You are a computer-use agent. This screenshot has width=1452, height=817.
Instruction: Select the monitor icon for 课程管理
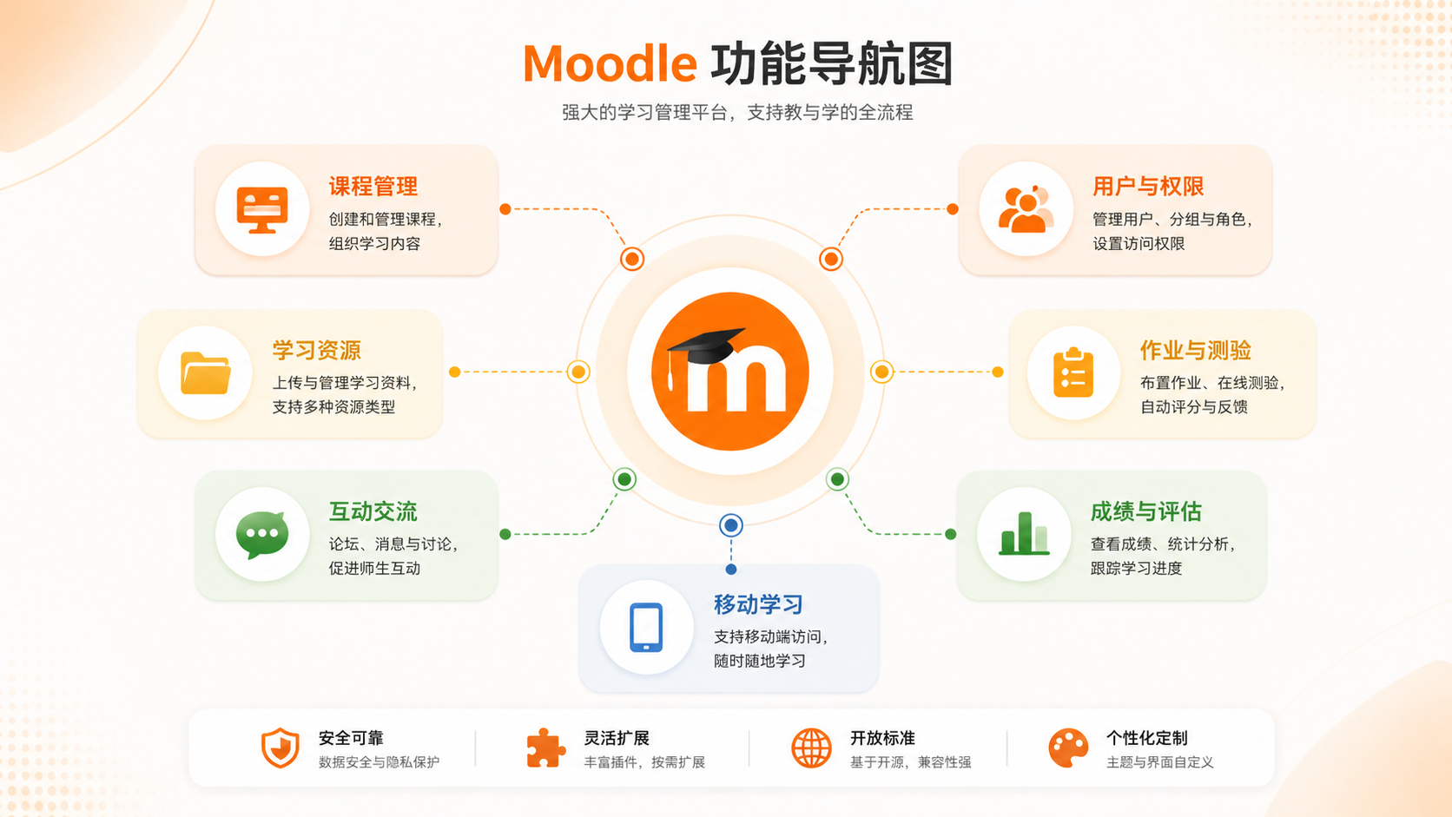click(x=262, y=209)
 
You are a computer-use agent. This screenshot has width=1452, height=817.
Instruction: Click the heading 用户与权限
click(x=1148, y=187)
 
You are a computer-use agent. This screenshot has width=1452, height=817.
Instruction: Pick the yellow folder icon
click(x=206, y=372)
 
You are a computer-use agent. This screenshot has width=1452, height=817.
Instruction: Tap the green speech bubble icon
click(x=262, y=534)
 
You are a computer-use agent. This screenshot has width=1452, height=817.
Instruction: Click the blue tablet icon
click(x=646, y=627)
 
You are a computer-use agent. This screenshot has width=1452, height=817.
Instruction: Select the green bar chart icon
click(x=1024, y=533)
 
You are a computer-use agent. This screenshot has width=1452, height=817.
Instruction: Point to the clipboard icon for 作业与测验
click(x=1073, y=372)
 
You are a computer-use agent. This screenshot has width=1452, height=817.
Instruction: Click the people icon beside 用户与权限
click(x=1026, y=209)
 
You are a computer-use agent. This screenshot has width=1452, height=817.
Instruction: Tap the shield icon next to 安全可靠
click(x=280, y=748)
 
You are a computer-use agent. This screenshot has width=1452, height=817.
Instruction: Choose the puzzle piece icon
click(x=545, y=748)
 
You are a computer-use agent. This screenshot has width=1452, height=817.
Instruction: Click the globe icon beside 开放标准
click(x=811, y=748)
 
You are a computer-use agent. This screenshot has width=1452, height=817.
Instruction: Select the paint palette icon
click(x=1067, y=748)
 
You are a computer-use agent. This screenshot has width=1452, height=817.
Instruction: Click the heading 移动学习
click(x=758, y=604)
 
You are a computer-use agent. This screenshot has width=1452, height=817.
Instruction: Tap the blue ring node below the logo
click(x=730, y=524)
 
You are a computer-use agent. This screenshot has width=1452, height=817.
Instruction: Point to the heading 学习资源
click(x=316, y=351)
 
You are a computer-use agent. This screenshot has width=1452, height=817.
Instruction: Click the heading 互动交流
click(x=373, y=512)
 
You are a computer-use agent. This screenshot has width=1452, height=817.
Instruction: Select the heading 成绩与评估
click(x=1146, y=512)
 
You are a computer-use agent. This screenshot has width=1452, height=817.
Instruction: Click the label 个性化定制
click(x=1146, y=738)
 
